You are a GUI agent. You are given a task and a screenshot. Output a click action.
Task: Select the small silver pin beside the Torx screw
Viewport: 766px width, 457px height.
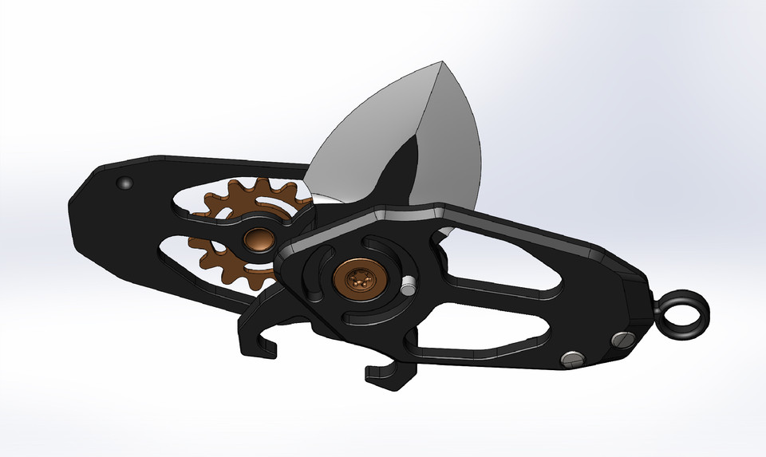tap(408, 285)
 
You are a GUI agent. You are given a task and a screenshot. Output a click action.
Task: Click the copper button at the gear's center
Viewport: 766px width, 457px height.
tap(259, 238)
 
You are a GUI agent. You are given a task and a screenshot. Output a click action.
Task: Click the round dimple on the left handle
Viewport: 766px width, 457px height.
tap(124, 183)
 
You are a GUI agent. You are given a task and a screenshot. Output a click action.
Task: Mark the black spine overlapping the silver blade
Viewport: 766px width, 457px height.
tap(403, 171)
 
